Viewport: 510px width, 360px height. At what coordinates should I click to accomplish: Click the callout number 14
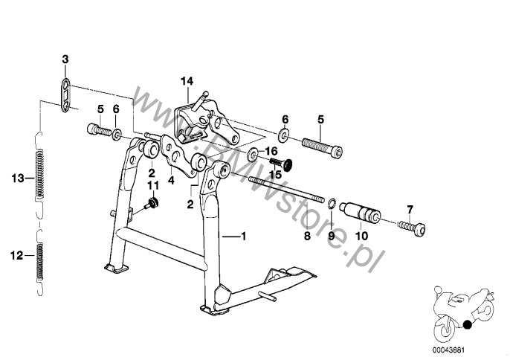click(187, 81)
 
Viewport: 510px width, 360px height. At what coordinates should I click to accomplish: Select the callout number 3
click(65, 60)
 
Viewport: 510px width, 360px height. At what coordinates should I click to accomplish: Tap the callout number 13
click(18, 179)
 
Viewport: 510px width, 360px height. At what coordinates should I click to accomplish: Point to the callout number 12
click(17, 256)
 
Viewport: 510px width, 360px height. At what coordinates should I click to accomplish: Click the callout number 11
click(153, 186)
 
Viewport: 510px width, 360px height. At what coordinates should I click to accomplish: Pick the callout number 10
click(361, 236)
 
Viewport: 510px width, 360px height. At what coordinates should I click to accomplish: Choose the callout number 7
click(410, 209)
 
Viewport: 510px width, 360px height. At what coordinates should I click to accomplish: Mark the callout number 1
click(243, 236)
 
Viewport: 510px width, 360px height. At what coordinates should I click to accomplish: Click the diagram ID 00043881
click(448, 350)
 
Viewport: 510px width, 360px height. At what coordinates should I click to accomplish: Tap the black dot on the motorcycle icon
click(468, 324)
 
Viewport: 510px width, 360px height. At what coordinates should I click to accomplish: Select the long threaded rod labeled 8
click(286, 189)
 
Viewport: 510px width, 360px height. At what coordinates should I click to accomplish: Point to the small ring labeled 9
click(331, 204)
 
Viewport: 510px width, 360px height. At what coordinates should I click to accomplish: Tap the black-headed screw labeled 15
click(282, 164)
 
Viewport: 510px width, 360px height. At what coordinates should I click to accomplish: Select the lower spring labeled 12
click(39, 262)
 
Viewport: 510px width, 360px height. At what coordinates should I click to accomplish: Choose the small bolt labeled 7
click(412, 227)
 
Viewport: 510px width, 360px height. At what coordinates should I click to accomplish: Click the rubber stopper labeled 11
click(152, 204)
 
